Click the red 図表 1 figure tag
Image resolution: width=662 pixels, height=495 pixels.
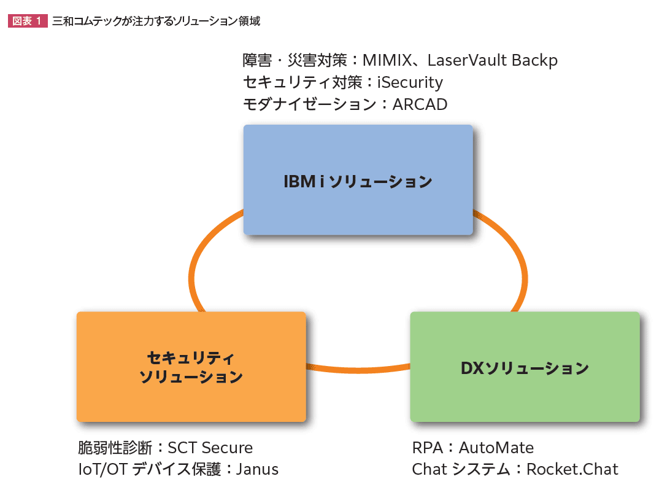[27, 21]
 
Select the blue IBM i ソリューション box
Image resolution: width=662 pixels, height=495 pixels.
[358, 180]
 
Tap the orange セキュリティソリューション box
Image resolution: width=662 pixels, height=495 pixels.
[191, 367]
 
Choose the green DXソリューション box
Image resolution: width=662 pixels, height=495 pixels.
[525, 367]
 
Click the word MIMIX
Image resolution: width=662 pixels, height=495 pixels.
[387, 60]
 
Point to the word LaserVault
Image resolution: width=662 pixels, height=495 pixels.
[461, 60]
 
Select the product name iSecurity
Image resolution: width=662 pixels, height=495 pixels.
[410, 82]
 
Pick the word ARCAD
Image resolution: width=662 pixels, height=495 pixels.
[420, 104]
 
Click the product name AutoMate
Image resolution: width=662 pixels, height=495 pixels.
[496, 448]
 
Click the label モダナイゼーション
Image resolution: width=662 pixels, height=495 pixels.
[309, 104]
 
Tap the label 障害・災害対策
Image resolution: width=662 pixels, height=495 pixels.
[294, 60]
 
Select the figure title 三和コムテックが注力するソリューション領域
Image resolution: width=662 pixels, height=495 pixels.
[156, 21]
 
